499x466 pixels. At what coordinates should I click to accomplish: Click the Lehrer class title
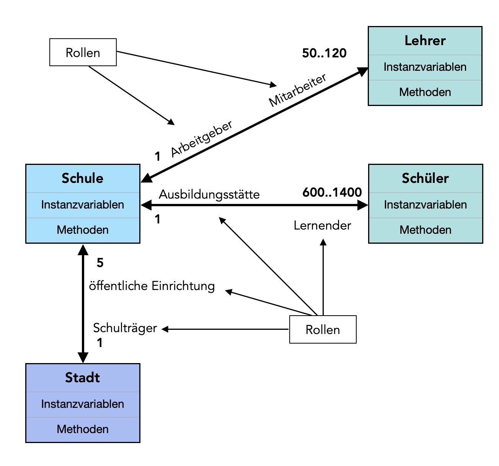[425, 41]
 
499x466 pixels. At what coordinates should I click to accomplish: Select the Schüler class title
[425, 178]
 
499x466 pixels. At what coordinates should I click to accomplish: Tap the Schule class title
[82, 178]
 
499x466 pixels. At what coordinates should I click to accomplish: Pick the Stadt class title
[82, 378]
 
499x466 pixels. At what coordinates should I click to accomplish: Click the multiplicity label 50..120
[324, 53]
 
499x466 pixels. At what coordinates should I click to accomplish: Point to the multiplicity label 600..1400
[332, 192]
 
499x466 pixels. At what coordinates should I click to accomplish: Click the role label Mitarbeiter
[297, 90]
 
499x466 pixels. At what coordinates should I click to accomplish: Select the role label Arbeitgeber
[202, 138]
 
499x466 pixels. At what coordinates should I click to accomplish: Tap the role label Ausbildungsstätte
[209, 194]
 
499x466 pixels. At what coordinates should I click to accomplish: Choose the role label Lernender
[322, 225]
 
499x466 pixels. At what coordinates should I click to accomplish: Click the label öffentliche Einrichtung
[152, 286]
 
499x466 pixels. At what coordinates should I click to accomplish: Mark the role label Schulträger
[125, 328]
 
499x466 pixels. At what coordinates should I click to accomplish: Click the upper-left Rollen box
[83, 52]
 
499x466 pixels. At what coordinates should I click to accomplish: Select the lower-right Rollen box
[323, 329]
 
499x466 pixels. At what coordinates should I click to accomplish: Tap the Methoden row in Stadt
[82, 429]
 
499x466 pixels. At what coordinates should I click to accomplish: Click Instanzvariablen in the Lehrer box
[425, 67]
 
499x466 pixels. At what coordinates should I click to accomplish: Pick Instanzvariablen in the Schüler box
[425, 205]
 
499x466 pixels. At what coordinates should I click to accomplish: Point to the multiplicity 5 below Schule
[100, 263]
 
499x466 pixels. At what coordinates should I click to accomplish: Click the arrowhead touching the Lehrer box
[362, 71]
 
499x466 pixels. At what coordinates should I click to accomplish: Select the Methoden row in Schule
[82, 230]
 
